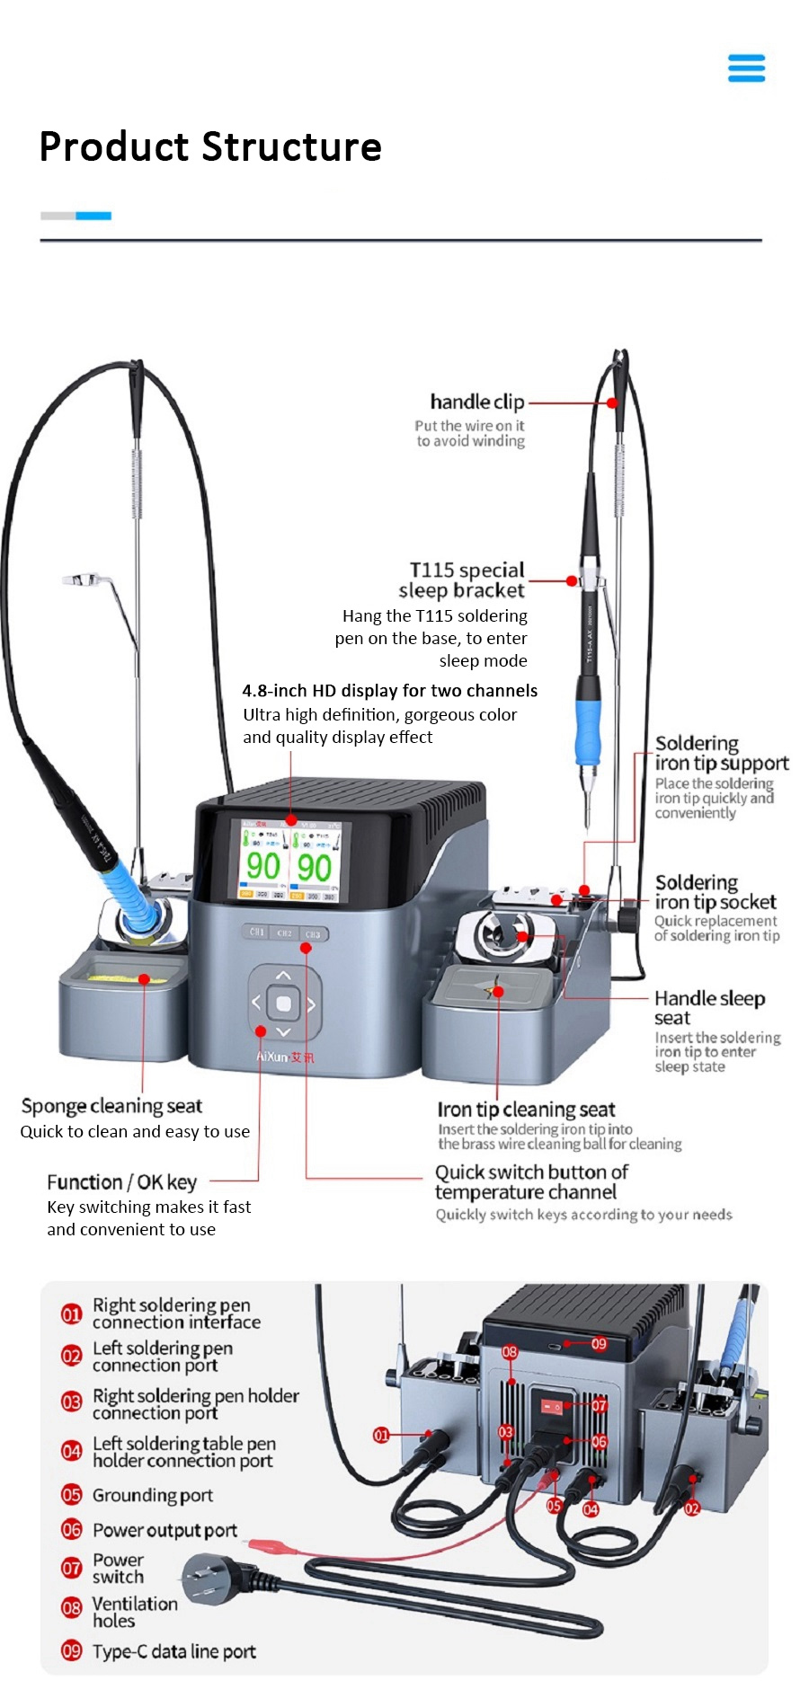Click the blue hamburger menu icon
click(x=746, y=68)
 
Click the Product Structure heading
click(x=210, y=146)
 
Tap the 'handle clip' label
click(x=476, y=402)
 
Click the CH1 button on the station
click(x=257, y=933)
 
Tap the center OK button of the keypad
click(x=283, y=1003)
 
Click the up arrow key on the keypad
click(x=283, y=975)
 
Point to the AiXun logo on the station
click(x=285, y=1057)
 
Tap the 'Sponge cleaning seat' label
click(x=111, y=1106)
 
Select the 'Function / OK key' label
click(x=121, y=1182)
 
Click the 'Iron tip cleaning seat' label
click(x=526, y=1110)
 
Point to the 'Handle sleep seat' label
click(x=709, y=1007)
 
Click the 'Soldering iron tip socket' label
click(x=715, y=892)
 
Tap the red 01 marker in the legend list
click(x=71, y=1314)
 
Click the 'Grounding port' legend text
click(x=152, y=1495)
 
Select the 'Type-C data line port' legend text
click(x=173, y=1651)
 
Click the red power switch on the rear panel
click(x=550, y=1403)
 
